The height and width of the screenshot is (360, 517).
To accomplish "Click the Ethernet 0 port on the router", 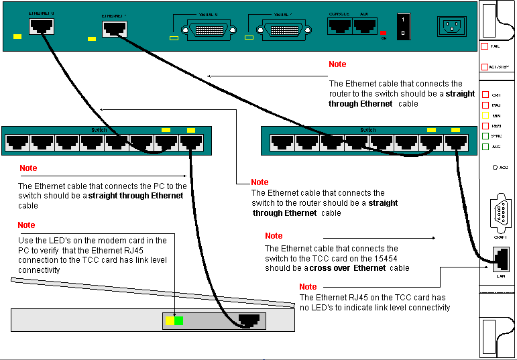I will coord(42,25).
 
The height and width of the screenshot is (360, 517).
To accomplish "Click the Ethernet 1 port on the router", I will coord(112,29).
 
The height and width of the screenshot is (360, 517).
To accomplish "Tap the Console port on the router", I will coord(339,25).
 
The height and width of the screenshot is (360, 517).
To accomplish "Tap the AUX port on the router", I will coord(364,25).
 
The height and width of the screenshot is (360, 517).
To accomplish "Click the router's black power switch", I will coord(403,26).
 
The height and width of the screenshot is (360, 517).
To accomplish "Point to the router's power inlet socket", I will coord(451,26).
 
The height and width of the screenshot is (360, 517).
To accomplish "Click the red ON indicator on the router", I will coord(383,32).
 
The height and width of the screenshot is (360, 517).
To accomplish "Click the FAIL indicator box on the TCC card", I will coord(485,46).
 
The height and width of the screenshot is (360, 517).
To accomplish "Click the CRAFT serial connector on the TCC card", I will coord(499,213).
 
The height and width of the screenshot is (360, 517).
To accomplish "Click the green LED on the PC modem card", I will coord(178,321).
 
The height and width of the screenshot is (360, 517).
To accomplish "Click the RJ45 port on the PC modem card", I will coord(249,320).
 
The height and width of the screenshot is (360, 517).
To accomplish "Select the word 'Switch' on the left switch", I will coord(99,129).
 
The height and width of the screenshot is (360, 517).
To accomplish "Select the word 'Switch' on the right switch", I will coord(367,129).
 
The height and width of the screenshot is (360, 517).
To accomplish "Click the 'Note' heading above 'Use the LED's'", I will coord(26,225).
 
